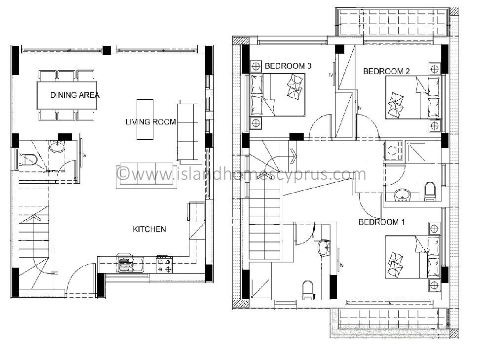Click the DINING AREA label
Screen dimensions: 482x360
tap(75, 95)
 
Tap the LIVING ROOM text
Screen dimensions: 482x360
tap(150, 122)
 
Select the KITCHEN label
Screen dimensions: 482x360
tap(149, 229)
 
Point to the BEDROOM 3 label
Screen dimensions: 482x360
tap(288, 66)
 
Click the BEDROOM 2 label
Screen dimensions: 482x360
tap(386, 72)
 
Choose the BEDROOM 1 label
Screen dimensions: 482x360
tap(382, 222)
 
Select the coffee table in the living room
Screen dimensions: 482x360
tap(145, 120)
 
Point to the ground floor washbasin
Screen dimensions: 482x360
tap(57, 147)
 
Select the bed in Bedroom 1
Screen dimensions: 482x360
tap(412, 257)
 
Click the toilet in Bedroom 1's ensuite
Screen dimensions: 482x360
tap(307, 289)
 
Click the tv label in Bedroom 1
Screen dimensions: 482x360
tap(341, 265)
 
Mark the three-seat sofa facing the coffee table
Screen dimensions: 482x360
tap(147, 175)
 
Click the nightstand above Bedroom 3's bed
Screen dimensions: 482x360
tap(256, 66)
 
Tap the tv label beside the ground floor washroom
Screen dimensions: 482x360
tap(84, 156)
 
